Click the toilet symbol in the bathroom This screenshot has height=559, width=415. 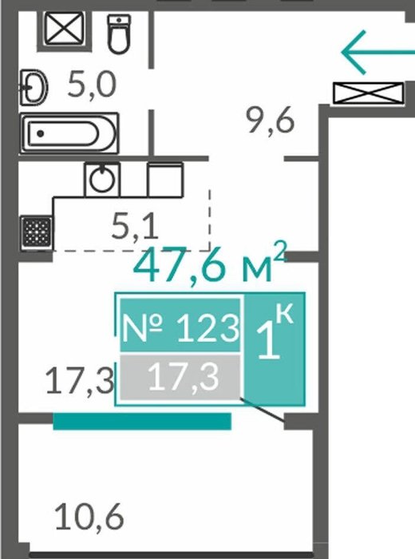(119, 34)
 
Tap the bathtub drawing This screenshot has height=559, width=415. (69, 133)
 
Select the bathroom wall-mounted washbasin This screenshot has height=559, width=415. (34, 87)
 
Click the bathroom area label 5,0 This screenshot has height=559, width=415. (92, 85)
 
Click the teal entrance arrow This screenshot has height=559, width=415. (377, 53)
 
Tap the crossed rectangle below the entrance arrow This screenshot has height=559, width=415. (369, 93)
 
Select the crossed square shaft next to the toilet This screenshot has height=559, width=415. (65, 28)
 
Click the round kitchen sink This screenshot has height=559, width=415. (102, 179)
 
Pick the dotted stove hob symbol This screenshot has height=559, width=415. (37, 232)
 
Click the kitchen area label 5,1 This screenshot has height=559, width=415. (134, 227)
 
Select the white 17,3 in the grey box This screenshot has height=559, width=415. (183, 376)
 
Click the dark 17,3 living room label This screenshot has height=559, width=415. (80, 380)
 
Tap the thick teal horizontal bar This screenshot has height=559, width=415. (142, 421)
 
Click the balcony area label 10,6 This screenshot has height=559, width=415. (89, 516)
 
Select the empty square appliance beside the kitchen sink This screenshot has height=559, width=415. (165, 180)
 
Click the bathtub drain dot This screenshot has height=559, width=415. (40, 133)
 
